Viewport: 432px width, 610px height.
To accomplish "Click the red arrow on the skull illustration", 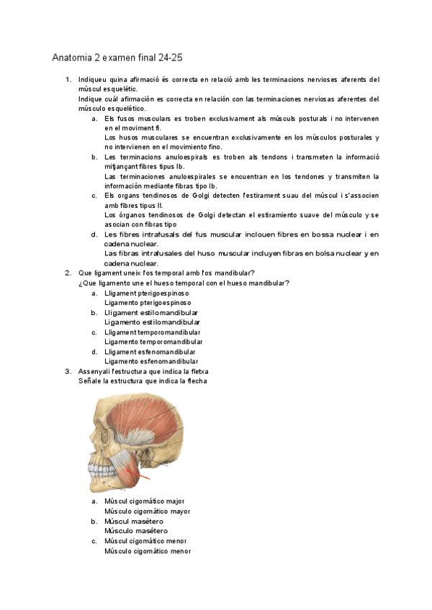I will point(143,475).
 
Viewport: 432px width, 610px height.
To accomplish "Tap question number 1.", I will point(68,79).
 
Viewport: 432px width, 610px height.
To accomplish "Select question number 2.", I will point(68,273).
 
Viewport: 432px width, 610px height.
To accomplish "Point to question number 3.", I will point(68,371).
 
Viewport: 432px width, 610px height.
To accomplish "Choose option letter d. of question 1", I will point(94,235).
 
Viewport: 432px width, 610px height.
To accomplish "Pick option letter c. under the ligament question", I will point(94,332).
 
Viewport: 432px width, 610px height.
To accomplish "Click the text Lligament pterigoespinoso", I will point(147,293).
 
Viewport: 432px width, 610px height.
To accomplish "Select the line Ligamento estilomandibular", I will point(151,322).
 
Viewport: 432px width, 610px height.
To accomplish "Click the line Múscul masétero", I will point(134,522).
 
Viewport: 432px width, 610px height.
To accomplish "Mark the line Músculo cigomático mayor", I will point(148,511).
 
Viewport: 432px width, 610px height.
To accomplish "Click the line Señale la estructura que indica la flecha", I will point(143,381).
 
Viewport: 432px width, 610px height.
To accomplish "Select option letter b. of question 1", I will point(94,157).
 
